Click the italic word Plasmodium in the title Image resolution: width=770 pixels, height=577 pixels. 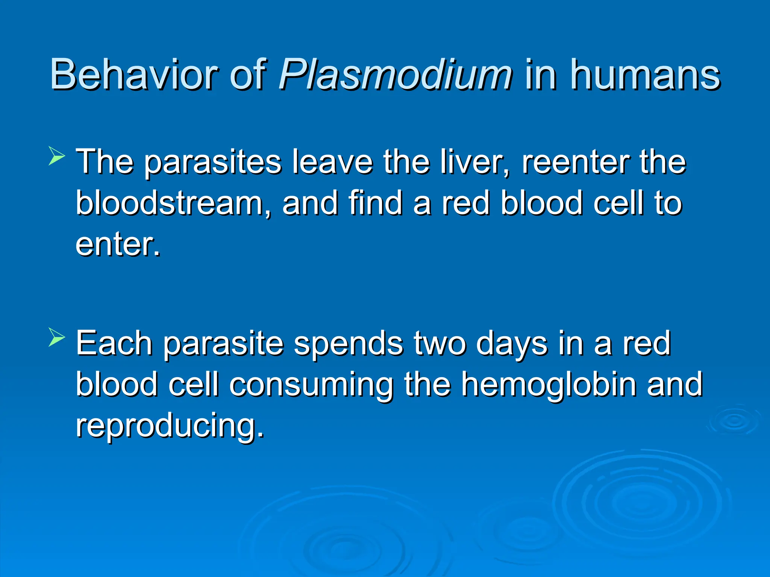(x=395, y=75)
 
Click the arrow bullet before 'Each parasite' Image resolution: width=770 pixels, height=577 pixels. (x=57, y=337)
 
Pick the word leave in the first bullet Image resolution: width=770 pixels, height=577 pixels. (x=332, y=162)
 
